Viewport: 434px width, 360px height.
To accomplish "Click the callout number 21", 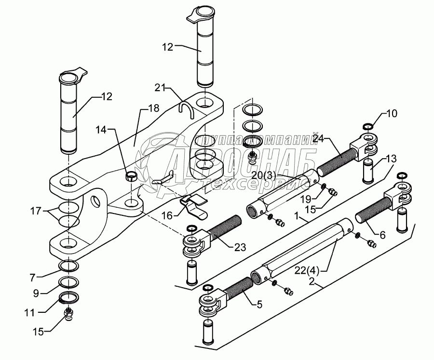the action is pyautogui.click(x=160, y=88).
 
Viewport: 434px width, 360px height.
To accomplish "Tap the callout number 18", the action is pyautogui.click(x=154, y=108).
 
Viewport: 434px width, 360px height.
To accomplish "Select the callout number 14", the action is pyautogui.click(x=101, y=129).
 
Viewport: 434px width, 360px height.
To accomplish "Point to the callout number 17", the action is pyautogui.click(x=36, y=211).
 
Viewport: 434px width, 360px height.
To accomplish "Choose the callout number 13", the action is pyautogui.click(x=392, y=159).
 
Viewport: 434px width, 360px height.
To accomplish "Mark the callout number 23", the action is pyautogui.click(x=240, y=247).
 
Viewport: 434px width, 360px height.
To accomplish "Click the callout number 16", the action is pyautogui.click(x=167, y=215).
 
